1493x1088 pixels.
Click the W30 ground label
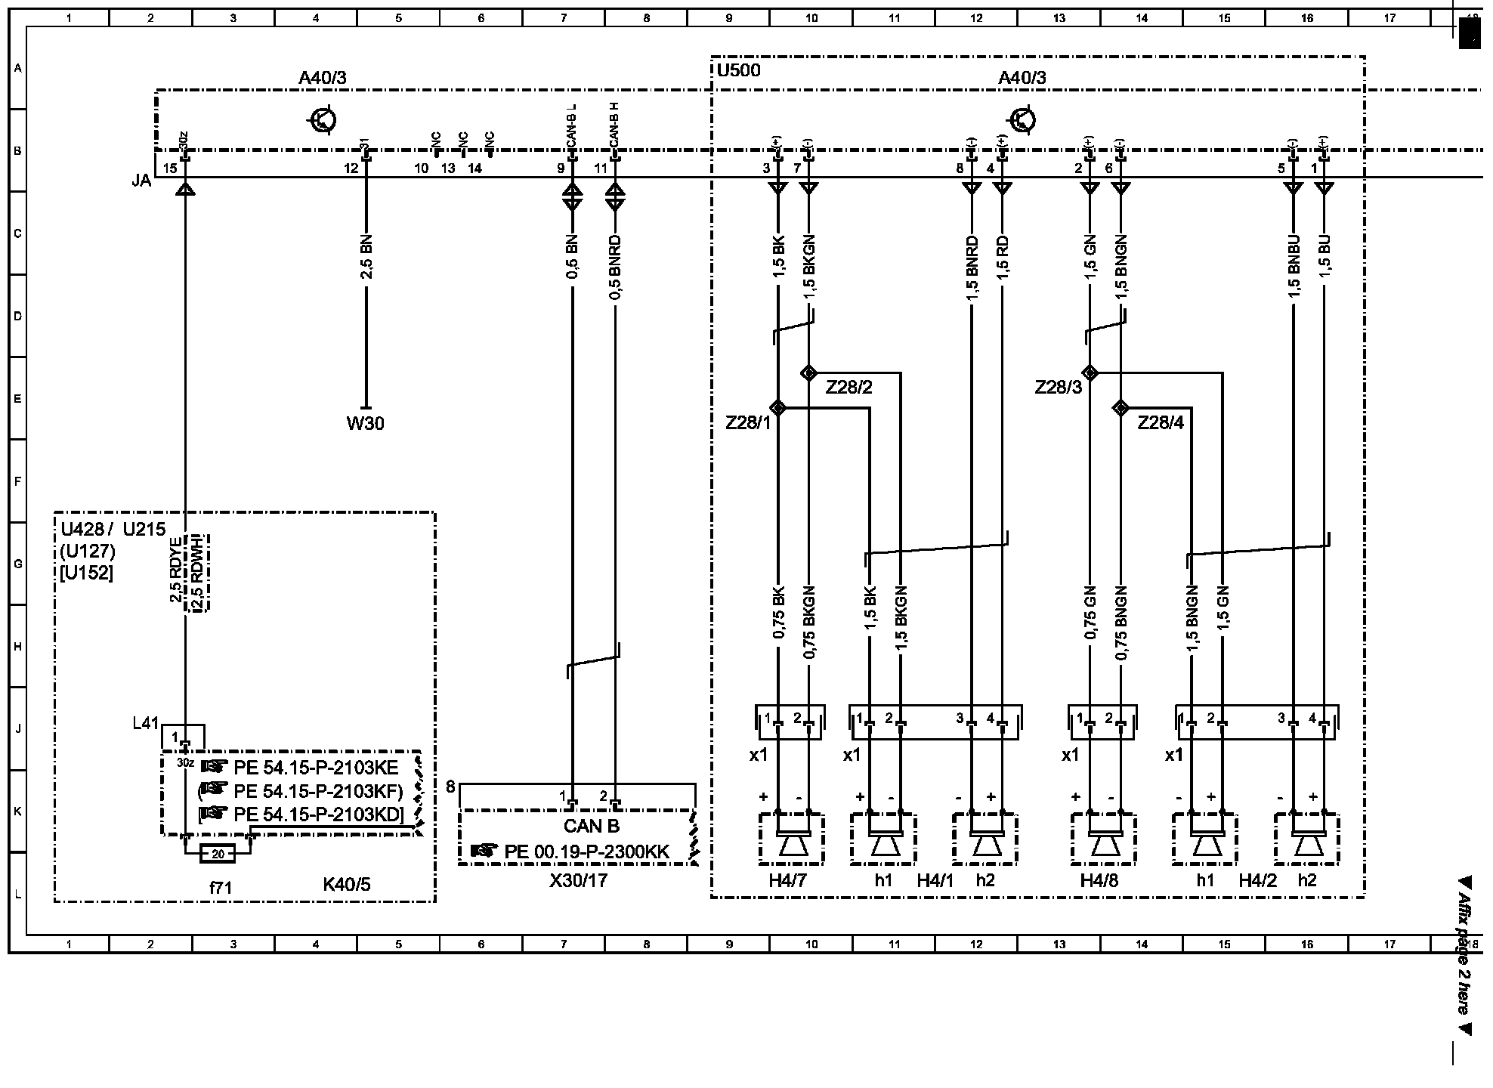click(x=365, y=423)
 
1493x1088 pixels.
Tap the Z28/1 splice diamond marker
click(x=777, y=408)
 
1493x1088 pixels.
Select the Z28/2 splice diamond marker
click(x=808, y=372)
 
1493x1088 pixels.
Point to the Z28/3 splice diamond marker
click(x=1090, y=372)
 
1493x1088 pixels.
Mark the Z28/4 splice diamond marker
click(x=1121, y=408)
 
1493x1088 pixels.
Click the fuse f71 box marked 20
click(x=218, y=854)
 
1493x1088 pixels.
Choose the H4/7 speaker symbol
click(x=792, y=840)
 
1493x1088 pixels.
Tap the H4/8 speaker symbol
click(x=1104, y=840)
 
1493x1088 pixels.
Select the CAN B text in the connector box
click(x=592, y=827)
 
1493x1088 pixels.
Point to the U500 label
click(x=738, y=71)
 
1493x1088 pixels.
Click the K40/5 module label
click(x=347, y=885)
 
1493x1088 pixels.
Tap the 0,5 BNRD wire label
click(x=615, y=267)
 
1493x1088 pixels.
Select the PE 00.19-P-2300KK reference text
click(x=586, y=852)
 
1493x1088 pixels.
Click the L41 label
click(x=145, y=723)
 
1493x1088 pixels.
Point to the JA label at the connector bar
click(x=141, y=181)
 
